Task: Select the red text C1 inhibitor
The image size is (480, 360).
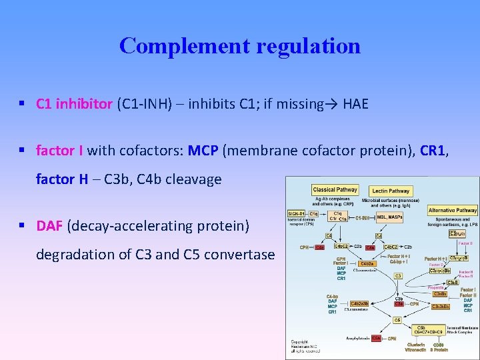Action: [x=74, y=104]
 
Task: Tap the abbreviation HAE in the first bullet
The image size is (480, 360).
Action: [x=355, y=104]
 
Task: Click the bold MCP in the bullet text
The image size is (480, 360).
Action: [x=203, y=151]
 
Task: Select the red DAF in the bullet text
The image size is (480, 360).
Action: [x=49, y=226]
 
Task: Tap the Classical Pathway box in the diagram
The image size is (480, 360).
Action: [x=335, y=190]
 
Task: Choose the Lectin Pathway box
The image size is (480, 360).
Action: [x=391, y=191]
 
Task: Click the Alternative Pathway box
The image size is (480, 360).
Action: [x=453, y=211]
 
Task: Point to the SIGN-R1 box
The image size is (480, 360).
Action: [x=297, y=214]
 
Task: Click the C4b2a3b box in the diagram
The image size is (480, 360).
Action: [x=361, y=304]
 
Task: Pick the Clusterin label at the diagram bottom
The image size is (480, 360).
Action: [x=415, y=345]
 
